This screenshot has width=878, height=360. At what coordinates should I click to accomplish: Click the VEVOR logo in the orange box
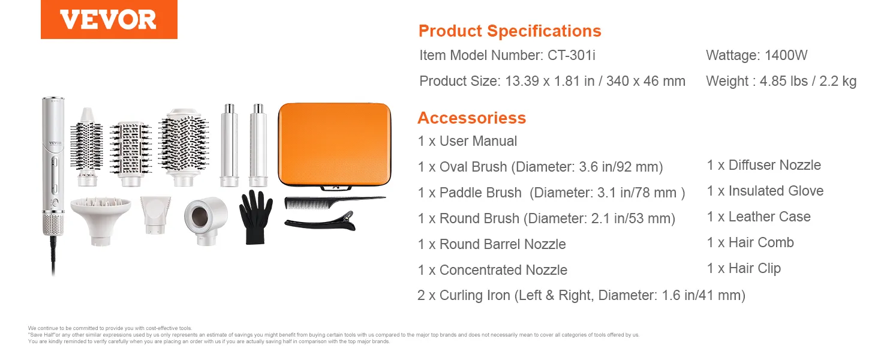(x=108, y=19)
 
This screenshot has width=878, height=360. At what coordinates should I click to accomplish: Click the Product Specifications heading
(x=510, y=31)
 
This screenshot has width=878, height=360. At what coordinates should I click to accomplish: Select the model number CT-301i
(x=571, y=55)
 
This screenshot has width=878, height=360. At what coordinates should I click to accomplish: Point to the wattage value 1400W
(x=786, y=55)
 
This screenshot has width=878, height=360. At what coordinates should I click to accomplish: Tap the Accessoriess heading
(x=471, y=118)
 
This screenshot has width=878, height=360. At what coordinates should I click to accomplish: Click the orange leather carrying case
(x=334, y=145)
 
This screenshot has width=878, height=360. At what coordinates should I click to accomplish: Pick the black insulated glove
(x=255, y=217)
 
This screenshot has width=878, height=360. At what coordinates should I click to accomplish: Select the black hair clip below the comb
(x=320, y=221)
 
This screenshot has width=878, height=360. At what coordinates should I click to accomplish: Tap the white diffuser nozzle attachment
(x=101, y=219)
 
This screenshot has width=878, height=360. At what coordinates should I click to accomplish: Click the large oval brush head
(x=184, y=146)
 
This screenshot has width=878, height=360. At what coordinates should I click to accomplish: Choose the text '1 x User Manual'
(x=467, y=141)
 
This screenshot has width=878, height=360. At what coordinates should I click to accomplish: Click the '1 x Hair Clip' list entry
(x=744, y=269)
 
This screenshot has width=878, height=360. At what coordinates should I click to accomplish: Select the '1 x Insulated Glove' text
(x=765, y=191)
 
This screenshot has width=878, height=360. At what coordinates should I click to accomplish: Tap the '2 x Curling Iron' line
(x=581, y=295)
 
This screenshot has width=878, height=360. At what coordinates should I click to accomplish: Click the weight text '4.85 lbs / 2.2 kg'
(x=808, y=81)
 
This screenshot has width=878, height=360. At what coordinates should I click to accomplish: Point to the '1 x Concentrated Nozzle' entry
(x=493, y=270)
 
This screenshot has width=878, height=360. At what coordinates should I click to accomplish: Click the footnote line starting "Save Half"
(x=333, y=335)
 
